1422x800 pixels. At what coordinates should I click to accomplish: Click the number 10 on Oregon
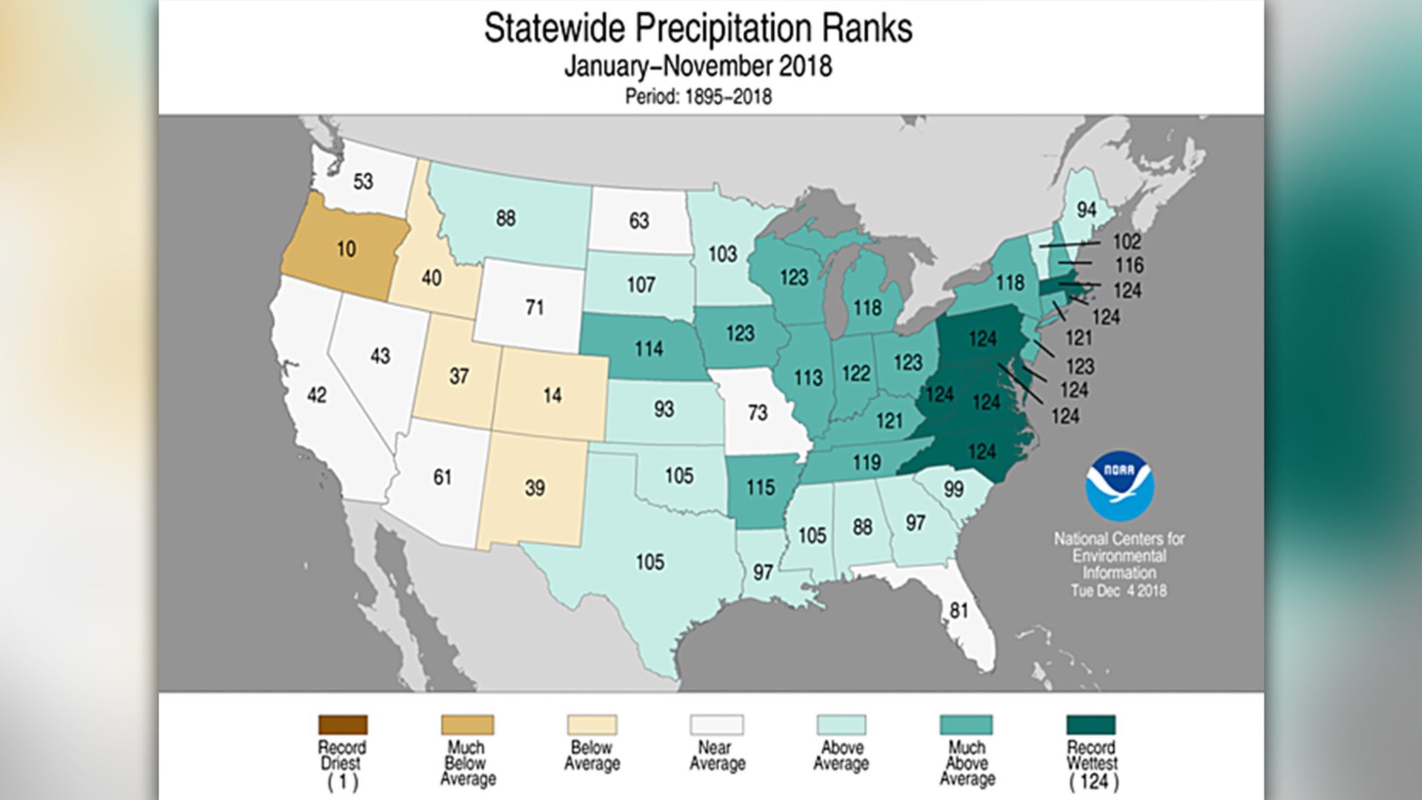click(346, 249)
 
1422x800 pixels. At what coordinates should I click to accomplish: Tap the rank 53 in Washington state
click(363, 181)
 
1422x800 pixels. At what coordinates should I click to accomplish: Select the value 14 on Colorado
click(552, 396)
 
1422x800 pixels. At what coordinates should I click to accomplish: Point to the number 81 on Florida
click(959, 610)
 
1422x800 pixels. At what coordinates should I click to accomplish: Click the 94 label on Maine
click(1086, 210)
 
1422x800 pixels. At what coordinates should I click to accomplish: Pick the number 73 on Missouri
click(757, 413)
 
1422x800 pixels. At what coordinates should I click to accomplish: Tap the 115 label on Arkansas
click(760, 487)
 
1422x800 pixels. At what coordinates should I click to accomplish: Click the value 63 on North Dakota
click(638, 221)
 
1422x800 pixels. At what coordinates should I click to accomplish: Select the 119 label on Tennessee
click(866, 463)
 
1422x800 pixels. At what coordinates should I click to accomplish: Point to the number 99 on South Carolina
click(953, 489)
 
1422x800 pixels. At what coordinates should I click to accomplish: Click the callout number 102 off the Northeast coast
click(1126, 241)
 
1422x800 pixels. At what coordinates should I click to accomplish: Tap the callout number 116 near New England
click(1129, 265)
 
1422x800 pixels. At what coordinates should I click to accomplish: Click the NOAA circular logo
click(1119, 486)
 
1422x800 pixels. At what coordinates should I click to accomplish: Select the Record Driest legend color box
click(343, 724)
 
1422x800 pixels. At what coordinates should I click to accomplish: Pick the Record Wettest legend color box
click(1091, 724)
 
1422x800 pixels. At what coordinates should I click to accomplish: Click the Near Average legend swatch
click(716, 724)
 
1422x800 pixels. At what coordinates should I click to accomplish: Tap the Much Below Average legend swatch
click(467, 724)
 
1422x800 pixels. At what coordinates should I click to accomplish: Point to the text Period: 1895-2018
click(698, 97)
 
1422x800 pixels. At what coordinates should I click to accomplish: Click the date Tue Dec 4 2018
click(1118, 591)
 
